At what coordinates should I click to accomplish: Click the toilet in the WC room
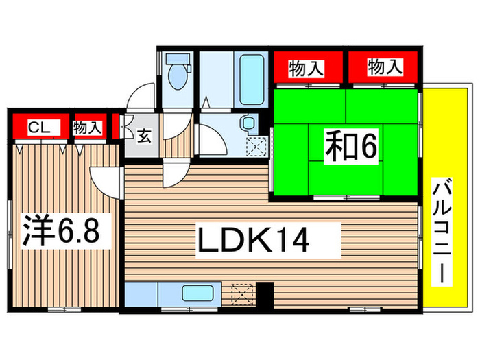point(176,78)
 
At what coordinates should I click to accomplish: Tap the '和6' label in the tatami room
point(350,147)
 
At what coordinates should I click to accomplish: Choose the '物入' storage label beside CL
point(87,127)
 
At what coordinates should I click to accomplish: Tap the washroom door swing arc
point(213,141)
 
